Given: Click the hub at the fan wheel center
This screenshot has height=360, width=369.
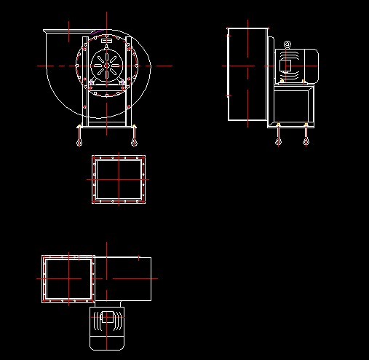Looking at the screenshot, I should [106, 66].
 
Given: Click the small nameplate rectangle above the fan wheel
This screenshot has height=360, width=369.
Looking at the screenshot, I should [106, 39].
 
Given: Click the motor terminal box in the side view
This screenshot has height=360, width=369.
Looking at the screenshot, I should [286, 66].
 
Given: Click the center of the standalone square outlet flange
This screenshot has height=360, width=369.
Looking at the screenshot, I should [118, 179].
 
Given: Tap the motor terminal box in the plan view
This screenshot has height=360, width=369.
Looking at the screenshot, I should [107, 318].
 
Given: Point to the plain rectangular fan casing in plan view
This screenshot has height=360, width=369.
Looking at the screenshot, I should [127, 278].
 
